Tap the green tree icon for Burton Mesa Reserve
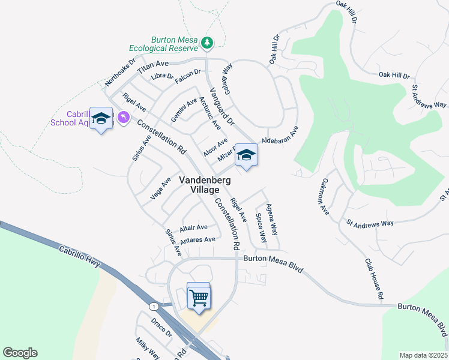point(207,43)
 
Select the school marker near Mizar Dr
point(246,156)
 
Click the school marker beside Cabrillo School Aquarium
point(101,118)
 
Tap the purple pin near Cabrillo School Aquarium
point(124,116)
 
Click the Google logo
point(20,353)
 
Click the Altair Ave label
point(193,227)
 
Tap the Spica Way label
point(261,227)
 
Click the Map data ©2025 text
point(423,355)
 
